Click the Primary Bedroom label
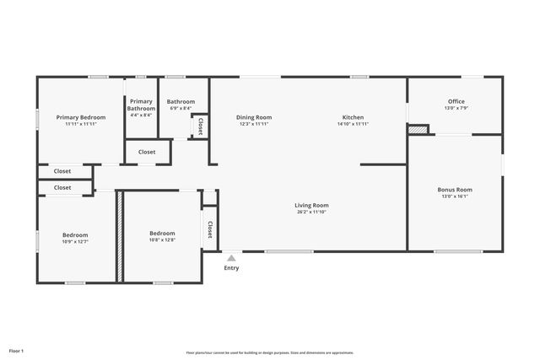tap(81, 117)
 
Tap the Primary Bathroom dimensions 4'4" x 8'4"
tap(142, 115)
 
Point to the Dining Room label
tap(254, 117)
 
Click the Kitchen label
tap(353, 117)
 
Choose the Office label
tap(456, 101)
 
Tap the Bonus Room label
tap(455, 190)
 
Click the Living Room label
tap(311, 205)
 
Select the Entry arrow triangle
tap(231, 257)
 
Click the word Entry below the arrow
tap(231, 268)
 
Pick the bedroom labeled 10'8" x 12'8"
tap(162, 234)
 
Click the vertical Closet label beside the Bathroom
tap(200, 126)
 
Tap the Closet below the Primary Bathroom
tap(147, 153)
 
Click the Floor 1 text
tap(17, 350)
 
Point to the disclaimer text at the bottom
tap(270, 352)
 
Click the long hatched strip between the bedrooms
tap(121, 237)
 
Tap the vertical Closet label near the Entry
tap(208, 229)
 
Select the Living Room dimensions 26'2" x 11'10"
tap(311, 212)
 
